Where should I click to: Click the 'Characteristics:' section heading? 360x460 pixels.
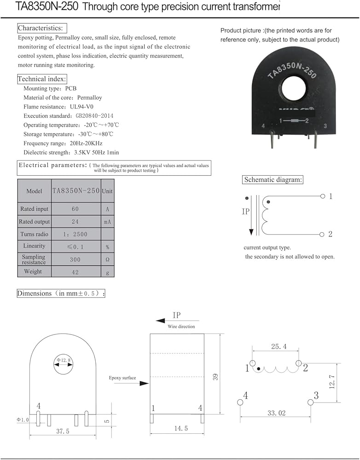(42, 28)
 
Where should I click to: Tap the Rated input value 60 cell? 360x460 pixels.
(75, 209)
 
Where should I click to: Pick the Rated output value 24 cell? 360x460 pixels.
(75, 221)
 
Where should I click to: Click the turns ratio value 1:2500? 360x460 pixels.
(75, 234)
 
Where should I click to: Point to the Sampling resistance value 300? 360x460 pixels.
(75, 259)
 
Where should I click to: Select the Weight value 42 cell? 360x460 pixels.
(75, 272)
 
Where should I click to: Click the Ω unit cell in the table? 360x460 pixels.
(107, 259)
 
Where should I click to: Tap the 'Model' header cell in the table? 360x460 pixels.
(35, 191)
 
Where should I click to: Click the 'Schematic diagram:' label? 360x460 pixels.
(273, 180)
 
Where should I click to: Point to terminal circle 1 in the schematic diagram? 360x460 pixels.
(322, 196)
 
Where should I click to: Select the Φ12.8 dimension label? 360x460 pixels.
(64, 359)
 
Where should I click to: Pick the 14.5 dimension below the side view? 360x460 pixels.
(177, 428)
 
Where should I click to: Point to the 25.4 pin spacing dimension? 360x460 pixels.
(275, 346)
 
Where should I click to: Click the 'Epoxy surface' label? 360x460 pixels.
(122, 378)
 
